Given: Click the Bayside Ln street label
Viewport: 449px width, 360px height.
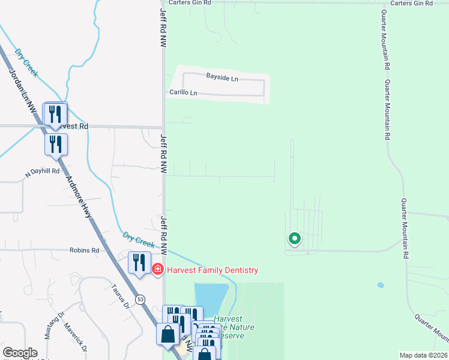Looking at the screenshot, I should pos(222,78).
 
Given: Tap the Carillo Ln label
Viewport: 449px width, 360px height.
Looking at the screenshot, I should pos(183,93).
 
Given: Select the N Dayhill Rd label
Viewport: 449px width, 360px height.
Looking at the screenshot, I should pos(42,171).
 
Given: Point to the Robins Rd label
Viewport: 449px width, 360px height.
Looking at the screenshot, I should pos(83,250).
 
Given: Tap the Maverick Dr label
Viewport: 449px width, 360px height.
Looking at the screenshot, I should pos(76,339).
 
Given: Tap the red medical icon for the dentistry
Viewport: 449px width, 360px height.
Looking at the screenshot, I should pos(158,271).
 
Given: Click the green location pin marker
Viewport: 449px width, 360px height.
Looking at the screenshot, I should pos(294,239).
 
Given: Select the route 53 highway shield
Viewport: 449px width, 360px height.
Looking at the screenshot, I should pos(140,298).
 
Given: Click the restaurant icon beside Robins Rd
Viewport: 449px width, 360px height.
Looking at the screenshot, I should pos(139,263).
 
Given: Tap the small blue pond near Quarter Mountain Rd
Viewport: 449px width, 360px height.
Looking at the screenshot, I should pos(380,285).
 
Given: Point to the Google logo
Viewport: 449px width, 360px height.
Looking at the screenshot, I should pos(20,353).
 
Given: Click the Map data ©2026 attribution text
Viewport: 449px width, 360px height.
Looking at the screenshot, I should pos(424,355).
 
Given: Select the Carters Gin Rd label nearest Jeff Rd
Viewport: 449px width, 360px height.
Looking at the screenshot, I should pos(190,3).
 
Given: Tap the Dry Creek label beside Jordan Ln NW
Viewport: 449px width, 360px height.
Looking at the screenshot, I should pos(26,62).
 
